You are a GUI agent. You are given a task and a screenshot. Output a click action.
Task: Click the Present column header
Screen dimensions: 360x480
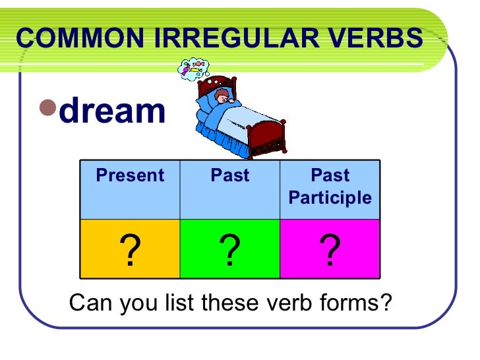pyautogui.click(x=129, y=175)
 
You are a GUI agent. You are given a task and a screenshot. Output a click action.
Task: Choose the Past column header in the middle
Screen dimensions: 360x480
pyautogui.click(x=230, y=175)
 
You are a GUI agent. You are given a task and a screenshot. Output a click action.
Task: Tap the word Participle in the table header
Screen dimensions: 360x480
pyautogui.click(x=330, y=198)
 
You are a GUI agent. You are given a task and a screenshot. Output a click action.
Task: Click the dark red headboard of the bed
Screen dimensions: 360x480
pyautogui.click(x=218, y=86)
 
